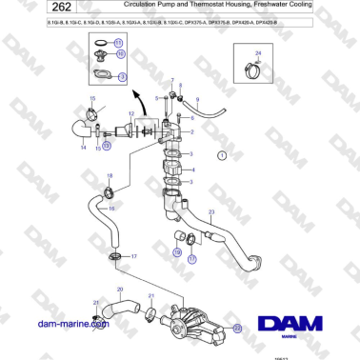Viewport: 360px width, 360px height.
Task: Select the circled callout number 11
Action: (118, 44)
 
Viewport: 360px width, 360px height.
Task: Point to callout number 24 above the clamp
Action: (257, 53)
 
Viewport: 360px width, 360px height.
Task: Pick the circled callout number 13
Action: (107, 146)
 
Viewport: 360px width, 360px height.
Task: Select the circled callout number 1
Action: (222, 154)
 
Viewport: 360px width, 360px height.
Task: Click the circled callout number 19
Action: (177, 252)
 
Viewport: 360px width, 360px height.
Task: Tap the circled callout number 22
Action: (238, 326)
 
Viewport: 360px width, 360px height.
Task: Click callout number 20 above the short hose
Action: (119, 288)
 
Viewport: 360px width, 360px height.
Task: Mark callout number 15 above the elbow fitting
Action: (92, 98)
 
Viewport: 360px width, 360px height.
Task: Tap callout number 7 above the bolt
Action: (172, 81)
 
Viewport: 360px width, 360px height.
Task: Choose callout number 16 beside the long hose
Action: (112, 208)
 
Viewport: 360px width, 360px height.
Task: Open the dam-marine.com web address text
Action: (72, 324)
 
